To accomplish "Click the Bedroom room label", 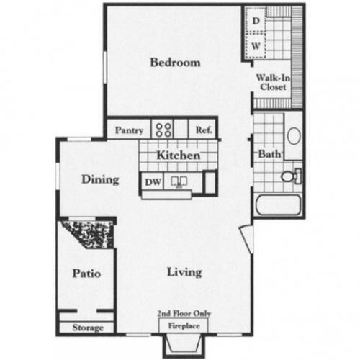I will pos(175,63).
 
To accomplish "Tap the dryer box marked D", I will pos(256,22).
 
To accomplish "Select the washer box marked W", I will pos(256,46).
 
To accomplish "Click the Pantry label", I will pos(130,131).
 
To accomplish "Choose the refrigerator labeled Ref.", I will pos(202,131).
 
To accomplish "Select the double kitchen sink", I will pos(180,181).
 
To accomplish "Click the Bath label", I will pos(269,154).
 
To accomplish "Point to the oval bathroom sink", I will pos(294,135).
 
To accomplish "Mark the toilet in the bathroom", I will pos(291,175).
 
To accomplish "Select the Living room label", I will pos(184,272).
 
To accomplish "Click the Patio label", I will pos(86,274).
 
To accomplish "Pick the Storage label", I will pos(88,328).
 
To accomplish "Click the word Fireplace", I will pos(184,325).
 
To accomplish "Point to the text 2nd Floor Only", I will pos(184,315).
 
